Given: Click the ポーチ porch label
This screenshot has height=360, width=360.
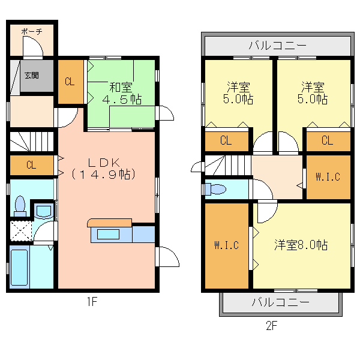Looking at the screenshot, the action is click(x=32, y=31).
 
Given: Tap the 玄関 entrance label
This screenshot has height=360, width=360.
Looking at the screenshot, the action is click(x=32, y=76).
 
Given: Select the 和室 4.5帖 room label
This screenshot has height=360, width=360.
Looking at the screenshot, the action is click(x=122, y=94).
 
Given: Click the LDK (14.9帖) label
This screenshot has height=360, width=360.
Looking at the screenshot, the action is click(x=104, y=169).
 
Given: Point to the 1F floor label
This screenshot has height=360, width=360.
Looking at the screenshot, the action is click(x=92, y=301).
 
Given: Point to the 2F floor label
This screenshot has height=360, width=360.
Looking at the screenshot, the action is click(x=272, y=326).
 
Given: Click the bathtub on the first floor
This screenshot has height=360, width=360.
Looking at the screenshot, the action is click(x=20, y=267).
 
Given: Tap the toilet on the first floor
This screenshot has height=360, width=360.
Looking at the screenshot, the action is click(x=20, y=206).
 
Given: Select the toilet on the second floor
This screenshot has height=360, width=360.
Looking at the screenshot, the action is click(x=215, y=189).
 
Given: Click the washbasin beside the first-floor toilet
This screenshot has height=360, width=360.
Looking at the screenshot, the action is click(x=44, y=211).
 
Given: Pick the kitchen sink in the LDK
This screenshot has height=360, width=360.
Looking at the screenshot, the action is click(x=108, y=235).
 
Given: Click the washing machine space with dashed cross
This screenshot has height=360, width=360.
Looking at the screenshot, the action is click(x=21, y=231).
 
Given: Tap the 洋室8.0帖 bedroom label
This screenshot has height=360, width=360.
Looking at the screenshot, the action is click(x=301, y=245).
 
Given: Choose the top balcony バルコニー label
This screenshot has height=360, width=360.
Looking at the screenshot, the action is click(x=278, y=46).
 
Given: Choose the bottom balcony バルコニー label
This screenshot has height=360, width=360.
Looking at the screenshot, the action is click(x=281, y=302).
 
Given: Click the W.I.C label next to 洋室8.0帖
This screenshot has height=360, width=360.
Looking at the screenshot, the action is click(x=227, y=245).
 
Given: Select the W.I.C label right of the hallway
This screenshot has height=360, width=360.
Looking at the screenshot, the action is click(x=328, y=177).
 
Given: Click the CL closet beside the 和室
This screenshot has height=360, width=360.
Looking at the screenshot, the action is click(x=70, y=82).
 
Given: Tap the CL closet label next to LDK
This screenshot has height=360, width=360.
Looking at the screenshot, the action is click(x=31, y=165).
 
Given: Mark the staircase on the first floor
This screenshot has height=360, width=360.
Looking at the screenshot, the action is click(x=32, y=142).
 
